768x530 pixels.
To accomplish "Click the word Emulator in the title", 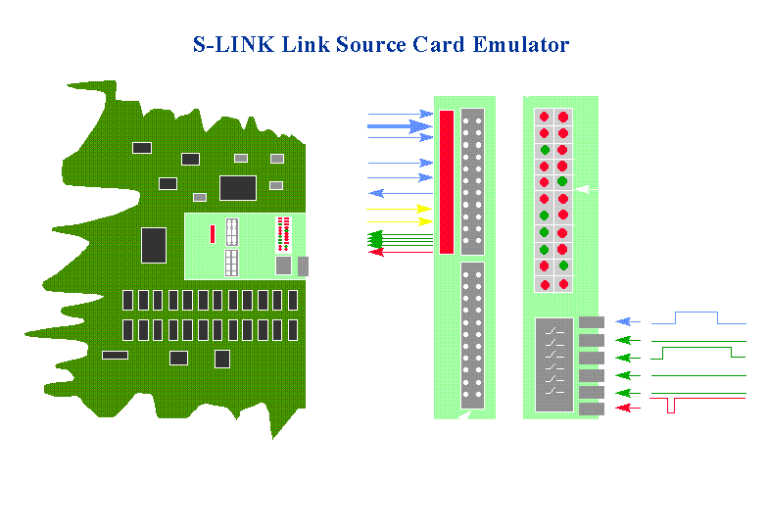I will point(522,45).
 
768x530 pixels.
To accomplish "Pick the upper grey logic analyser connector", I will point(472,181).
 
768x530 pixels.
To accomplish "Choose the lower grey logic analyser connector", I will point(472,334).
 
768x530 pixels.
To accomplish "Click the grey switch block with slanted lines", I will point(554,364).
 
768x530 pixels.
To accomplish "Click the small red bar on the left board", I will point(212,233).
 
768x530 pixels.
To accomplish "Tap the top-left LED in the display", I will point(543,116).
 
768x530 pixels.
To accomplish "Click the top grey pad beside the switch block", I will point(592,321).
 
